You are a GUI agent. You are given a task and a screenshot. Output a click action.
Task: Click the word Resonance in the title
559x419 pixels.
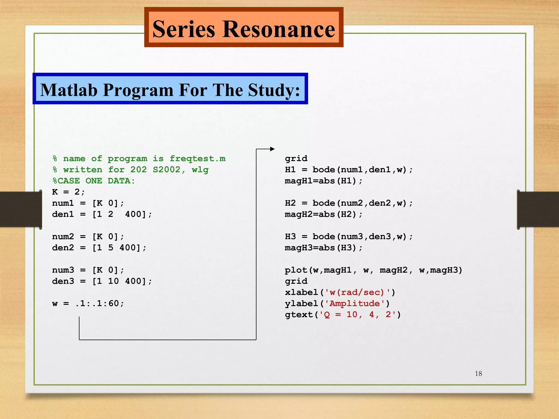[279, 29]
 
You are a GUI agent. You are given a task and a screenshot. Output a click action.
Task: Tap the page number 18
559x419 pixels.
[478, 373]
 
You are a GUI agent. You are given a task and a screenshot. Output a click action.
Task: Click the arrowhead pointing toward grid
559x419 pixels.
[272, 149]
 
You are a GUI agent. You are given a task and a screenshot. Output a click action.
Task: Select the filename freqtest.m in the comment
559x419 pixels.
[198, 158]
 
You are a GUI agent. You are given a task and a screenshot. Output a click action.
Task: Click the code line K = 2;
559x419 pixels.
[69, 192]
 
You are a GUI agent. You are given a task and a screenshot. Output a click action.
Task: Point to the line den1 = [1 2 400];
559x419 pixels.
[102, 214]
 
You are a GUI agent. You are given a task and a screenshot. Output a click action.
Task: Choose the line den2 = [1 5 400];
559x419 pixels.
[99, 248]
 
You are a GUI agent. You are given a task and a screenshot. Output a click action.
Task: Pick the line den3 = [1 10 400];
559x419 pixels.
[102, 281]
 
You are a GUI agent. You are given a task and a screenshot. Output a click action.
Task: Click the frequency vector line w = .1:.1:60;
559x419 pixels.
[88, 303]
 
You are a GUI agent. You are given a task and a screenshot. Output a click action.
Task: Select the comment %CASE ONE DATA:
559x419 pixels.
[94, 181]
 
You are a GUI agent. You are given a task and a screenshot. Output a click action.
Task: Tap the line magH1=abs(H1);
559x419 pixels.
[323, 181]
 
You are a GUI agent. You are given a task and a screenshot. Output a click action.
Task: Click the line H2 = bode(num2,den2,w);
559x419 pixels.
[349, 203]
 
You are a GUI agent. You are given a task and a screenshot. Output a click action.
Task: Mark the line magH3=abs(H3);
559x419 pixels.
[323, 248]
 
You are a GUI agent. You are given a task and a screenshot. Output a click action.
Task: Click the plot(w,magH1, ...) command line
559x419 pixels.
[373, 270]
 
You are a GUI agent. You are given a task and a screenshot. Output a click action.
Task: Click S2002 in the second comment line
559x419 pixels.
[166, 170]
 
